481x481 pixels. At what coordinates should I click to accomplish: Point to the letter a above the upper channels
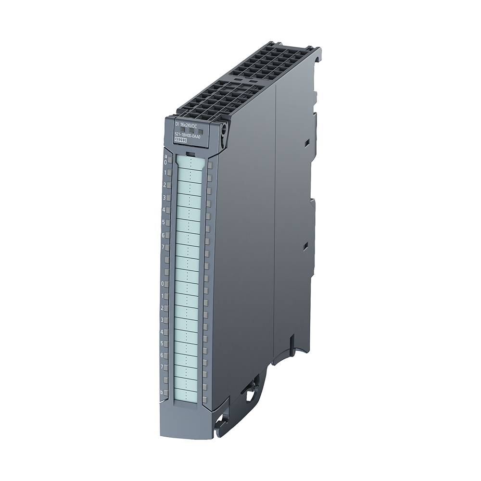click(x=166, y=156)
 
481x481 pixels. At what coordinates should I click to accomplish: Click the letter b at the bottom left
click(x=162, y=392)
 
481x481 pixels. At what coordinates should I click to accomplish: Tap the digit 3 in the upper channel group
click(x=165, y=198)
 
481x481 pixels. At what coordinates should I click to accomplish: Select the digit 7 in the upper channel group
click(x=164, y=247)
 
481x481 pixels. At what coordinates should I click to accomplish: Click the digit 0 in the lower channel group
click(x=163, y=284)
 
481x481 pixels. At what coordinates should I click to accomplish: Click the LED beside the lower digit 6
click(x=166, y=356)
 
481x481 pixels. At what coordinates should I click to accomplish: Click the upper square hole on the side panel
click(x=305, y=143)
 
